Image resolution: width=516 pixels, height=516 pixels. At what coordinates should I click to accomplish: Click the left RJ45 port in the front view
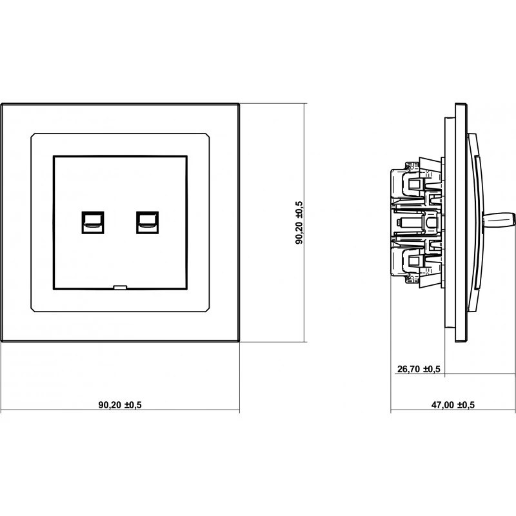click(x=93, y=223)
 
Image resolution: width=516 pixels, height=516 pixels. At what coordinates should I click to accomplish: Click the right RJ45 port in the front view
click(x=148, y=223)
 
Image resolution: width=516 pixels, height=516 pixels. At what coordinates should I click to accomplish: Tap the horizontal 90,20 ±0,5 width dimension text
click(x=120, y=405)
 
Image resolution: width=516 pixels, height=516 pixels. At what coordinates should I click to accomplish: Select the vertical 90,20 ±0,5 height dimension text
click(x=299, y=223)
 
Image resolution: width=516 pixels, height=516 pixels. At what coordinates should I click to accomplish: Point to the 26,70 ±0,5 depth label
click(x=419, y=369)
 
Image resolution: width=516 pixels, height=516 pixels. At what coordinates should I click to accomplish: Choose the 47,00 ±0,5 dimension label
click(x=453, y=405)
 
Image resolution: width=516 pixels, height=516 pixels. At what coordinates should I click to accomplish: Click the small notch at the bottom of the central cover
click(x=120, y=287)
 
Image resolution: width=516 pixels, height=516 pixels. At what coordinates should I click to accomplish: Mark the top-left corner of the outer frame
click(x=1, y=104)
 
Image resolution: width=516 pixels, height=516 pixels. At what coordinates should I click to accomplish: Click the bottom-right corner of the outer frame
click(x=239, y=341)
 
